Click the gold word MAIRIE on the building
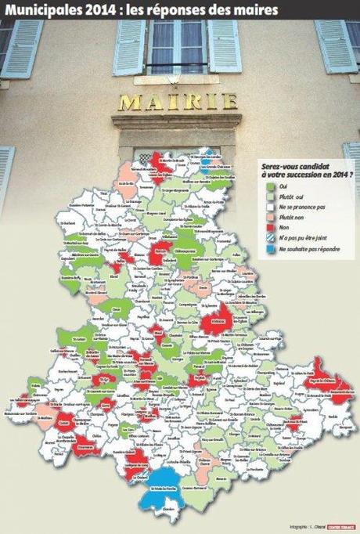pos(176,102)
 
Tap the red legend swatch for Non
pos(266,226)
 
